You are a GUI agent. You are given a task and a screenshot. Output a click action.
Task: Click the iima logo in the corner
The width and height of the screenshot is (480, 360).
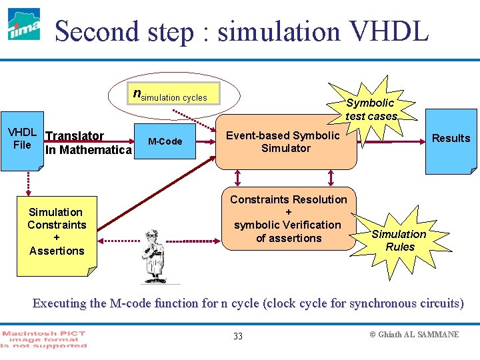click(24, 25)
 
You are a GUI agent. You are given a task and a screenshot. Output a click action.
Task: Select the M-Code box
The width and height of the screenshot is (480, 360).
click(165, 141)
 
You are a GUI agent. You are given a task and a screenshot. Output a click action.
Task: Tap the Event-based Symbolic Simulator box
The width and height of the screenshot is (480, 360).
click(286, 142)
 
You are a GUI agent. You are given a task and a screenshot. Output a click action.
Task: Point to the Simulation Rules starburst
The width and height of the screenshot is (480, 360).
click(398, 240)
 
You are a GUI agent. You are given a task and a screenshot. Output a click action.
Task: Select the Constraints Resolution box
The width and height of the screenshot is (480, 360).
click(289, 219)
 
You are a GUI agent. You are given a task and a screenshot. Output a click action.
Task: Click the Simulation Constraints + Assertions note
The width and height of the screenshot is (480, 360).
click(56, 231)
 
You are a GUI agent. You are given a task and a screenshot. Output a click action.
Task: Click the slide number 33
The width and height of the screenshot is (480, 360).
click(238, 335)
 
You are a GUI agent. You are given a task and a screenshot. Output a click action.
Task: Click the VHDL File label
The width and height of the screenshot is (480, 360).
click(22, 139)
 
